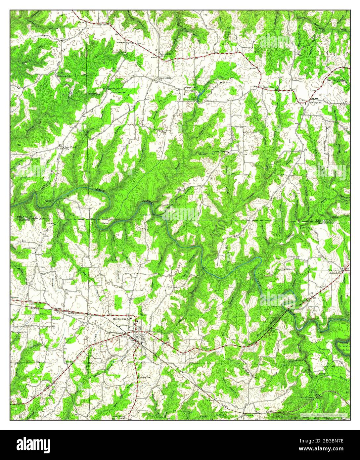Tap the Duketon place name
coord(120,43)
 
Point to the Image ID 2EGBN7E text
coord(326,441)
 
